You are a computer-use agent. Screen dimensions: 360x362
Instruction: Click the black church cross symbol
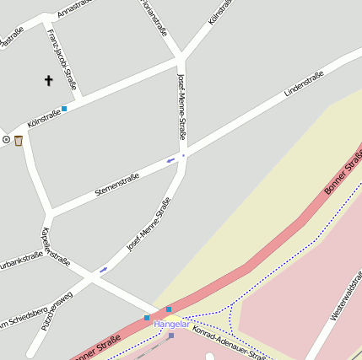(48, 81)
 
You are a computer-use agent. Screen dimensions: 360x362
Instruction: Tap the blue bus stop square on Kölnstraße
(64, 108)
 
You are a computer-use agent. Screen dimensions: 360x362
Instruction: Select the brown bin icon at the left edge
(18, 140)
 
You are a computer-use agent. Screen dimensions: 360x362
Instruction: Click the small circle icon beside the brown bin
(6, 140)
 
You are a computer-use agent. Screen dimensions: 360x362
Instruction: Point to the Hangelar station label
(170, 324)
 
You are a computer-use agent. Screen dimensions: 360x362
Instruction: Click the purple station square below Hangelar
(171, 336)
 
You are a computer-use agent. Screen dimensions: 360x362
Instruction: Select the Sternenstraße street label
(116, 185)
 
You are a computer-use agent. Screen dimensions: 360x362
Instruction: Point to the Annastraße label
(74, 8)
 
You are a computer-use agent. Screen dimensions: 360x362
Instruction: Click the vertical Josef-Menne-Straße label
(181, 105)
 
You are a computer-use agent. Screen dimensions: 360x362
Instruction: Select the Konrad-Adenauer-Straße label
(230, 344)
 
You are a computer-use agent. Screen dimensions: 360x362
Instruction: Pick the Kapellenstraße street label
(55, 246)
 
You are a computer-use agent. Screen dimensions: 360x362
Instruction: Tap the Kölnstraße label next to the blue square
(44, 117)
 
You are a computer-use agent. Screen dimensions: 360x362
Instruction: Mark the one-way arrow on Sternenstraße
(170, 159)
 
